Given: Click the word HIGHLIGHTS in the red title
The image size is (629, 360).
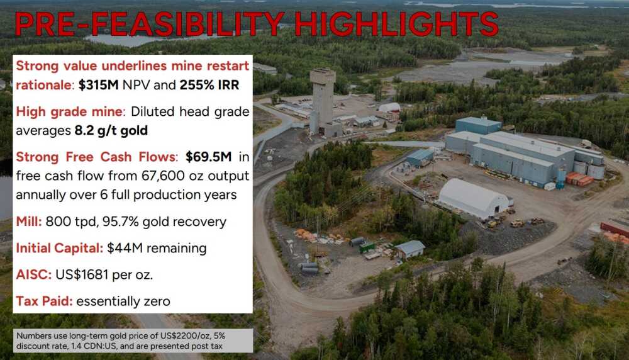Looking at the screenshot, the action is [x=396, y=24].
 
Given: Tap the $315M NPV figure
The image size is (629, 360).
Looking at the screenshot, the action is [x=98, y=85].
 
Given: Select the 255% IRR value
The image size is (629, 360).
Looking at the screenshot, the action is [x=209, y=85].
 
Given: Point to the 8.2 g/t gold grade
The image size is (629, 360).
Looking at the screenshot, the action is [x=111, y=130].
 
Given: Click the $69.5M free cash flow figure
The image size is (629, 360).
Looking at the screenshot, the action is [x=209, y=157].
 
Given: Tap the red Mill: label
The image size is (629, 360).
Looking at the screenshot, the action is [x=29, y=222].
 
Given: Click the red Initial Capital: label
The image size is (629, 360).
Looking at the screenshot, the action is [x=59, y=248].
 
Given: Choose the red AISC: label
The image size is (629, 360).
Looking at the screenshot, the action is [x=34, y=274].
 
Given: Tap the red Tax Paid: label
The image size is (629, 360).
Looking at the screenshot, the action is [x=44, y=301].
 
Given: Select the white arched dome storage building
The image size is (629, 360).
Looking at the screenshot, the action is [x=474, y=198].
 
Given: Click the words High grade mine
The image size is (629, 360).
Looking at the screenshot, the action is [x=69, y=111].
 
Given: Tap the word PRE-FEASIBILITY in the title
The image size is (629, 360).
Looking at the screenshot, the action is [x=149, y=24].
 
